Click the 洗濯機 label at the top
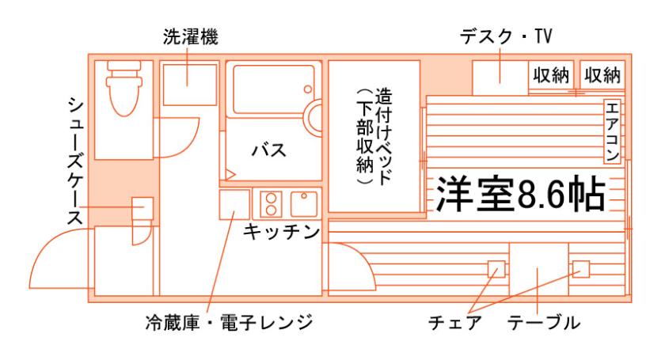[x=190, y=36]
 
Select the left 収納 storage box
[x=551, y=75]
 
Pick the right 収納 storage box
[x=602, y=75]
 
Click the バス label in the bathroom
[x=268, y=150]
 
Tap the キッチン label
[x=281, y=231]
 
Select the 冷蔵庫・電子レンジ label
[x=229, y=323]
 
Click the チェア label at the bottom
[x=454, y=323]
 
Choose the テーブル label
[x=544, y=323]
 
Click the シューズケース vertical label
[x=75, y=161]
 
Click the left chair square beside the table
[x=496, y=269]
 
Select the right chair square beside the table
[x=581, y=269]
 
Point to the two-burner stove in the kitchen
[x=270, y=204]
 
